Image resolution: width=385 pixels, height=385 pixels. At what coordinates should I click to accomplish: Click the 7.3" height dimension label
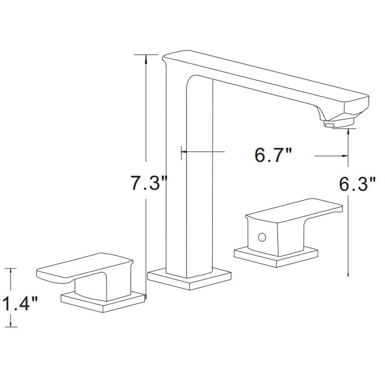click(148, 183)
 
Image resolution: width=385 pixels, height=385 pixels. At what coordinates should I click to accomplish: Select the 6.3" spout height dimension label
click(357, 184)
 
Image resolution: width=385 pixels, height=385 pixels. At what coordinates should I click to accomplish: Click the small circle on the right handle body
click(262, 237)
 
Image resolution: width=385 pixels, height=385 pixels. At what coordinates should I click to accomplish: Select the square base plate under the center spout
click(189, 280)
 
